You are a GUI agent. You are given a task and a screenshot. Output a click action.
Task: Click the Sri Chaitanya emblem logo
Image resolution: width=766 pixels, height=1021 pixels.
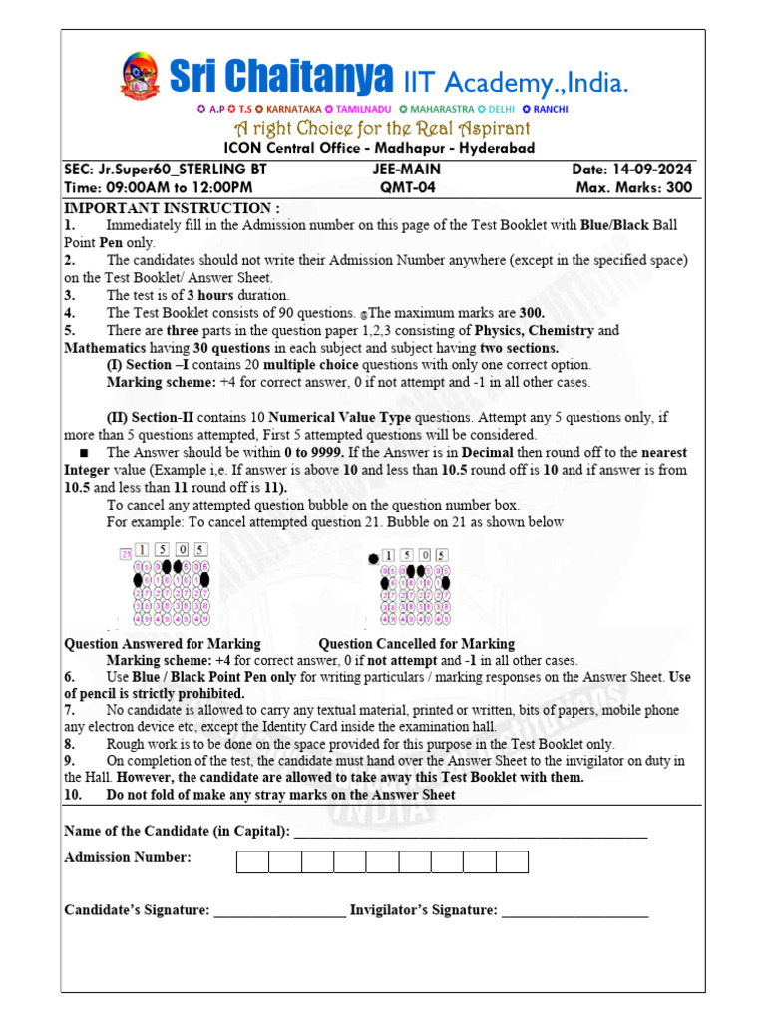point(139,77)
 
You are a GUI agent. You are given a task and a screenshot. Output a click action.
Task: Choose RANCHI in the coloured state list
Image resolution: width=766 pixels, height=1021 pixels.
point(550,109)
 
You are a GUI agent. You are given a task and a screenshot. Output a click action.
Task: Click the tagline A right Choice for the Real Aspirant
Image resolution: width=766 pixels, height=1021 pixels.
point(382,129)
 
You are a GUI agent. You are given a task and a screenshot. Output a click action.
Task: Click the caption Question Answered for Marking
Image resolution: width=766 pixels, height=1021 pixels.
point(163,644)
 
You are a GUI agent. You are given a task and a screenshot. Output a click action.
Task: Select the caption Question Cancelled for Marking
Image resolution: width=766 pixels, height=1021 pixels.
point(416,644)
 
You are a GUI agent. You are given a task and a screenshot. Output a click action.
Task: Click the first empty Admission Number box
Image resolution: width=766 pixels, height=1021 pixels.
point(252,862)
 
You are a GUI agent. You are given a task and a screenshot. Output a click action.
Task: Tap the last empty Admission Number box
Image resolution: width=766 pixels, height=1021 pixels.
point(512,862)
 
